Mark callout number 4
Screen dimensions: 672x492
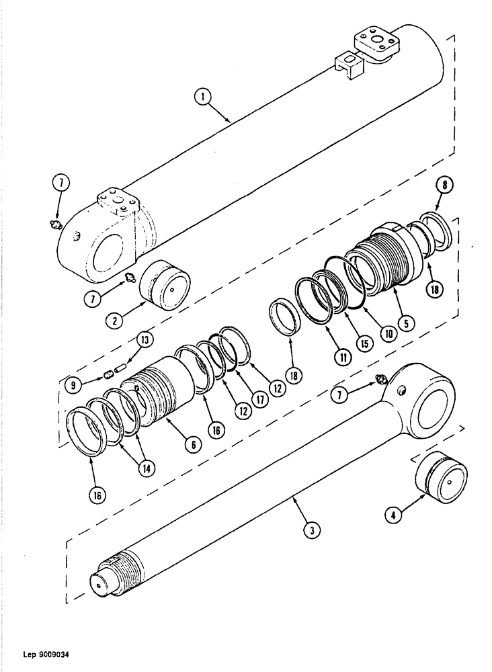click(395, 517)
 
